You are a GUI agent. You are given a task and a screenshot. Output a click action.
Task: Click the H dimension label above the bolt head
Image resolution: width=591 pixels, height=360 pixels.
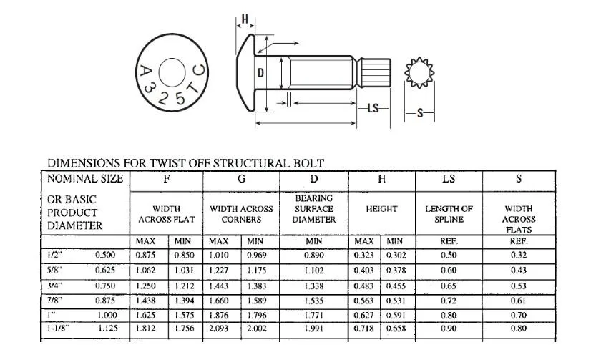(x=245, y=19)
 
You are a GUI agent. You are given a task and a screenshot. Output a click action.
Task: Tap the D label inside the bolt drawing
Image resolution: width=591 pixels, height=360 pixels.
(x=261, y=73)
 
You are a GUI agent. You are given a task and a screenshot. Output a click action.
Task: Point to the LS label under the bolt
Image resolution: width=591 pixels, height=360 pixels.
(x=373, y=109)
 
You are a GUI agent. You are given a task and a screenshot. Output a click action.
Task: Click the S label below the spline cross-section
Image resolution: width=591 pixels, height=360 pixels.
(x=420, y=113)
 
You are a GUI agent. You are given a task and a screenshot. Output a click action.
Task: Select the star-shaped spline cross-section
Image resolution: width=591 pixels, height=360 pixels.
(x=420, y=74)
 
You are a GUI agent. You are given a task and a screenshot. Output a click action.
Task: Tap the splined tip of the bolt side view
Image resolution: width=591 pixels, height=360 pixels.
(x=375, y=72)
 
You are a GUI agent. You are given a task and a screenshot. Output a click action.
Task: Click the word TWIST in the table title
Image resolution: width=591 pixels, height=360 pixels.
(x=204, y=164)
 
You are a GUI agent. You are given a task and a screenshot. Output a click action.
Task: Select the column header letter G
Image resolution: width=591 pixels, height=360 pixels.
(x=241, y=178)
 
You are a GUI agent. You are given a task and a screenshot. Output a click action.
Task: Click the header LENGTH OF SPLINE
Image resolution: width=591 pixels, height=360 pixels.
(x=449, y=214)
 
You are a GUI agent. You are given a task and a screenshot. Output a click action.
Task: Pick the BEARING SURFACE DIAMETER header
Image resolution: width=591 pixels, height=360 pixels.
(x=313, y=208)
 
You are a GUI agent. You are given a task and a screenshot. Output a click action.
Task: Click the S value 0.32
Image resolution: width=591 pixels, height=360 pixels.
(x=519, y=256)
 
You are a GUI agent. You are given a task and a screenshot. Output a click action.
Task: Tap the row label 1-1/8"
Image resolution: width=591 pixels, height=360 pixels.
(x=58, y=329)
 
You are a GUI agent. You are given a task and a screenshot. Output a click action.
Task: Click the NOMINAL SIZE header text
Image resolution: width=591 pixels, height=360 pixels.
(x=84, y=178)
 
